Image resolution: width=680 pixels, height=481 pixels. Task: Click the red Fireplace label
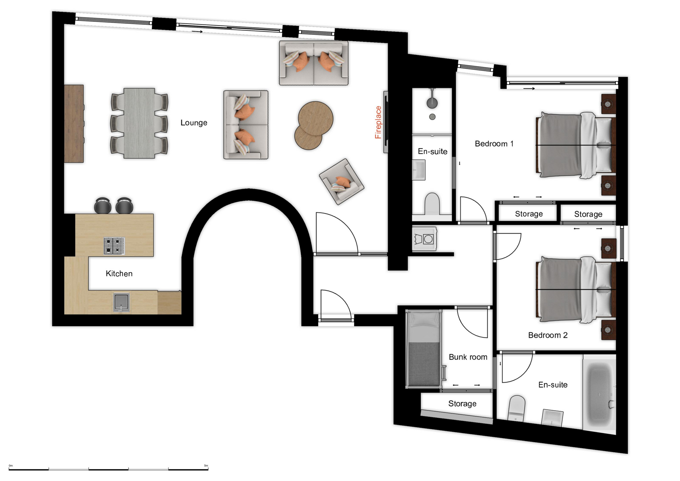tap(378, 122)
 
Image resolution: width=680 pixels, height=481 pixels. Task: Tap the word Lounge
tap(194, 123)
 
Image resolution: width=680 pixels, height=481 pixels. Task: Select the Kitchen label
tap(119, 273)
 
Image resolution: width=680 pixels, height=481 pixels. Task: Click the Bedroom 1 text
tap(494, 143)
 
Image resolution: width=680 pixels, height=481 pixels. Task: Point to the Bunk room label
tap(468, 357)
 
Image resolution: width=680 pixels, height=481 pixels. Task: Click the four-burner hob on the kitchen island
tap(114, 246)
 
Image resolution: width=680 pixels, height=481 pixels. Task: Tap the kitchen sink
tap(121, 302)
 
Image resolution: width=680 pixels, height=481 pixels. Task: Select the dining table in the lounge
tap(139, 123)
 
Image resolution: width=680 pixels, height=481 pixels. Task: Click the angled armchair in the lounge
tap(341, 181)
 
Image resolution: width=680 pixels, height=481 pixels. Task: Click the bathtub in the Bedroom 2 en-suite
tap(600, 394)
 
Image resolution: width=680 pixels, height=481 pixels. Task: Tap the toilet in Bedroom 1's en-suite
tap(432, 204)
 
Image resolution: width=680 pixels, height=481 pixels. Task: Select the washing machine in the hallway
tap(425, 239)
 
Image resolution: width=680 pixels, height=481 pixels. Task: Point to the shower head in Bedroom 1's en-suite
tap(432, 103)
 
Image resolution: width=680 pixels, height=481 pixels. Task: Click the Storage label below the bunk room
tap(462, 403)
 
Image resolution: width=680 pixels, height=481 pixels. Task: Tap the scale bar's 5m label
tap(206, 465)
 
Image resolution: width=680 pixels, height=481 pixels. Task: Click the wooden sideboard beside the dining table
tap(74, 124)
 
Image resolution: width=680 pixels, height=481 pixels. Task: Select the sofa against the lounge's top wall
tap(313, 63)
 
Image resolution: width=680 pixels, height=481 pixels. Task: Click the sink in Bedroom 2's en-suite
tap(552, 417)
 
